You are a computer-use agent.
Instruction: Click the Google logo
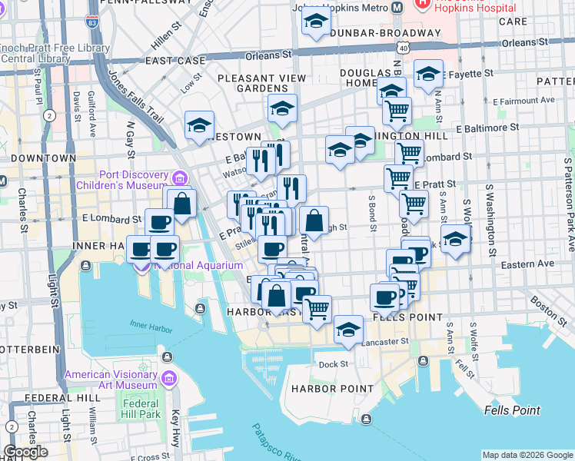(x=25, y=452)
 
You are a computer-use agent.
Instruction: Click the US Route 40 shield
(x=403, y=48)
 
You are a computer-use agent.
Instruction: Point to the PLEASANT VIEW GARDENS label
(x=263, y=83)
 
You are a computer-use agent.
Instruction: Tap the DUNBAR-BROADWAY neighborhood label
(x=375, y=34)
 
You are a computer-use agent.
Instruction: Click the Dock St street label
(x=334, y=364)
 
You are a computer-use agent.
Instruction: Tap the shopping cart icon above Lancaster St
(x=317, y=308)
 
